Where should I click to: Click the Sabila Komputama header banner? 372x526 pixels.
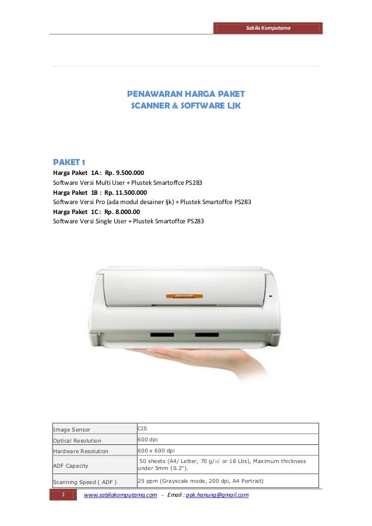[268, 28]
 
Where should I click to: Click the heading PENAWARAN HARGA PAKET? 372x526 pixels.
[186, 93]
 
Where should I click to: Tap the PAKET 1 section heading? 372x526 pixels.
[69, 162]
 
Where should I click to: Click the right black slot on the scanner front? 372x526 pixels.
[205, 335]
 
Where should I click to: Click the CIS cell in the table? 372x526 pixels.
[142, 428]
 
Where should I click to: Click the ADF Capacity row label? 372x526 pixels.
[71, 466]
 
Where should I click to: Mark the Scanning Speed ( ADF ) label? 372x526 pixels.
[85, 482]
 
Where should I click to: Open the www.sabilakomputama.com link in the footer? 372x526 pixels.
[121, 495]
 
